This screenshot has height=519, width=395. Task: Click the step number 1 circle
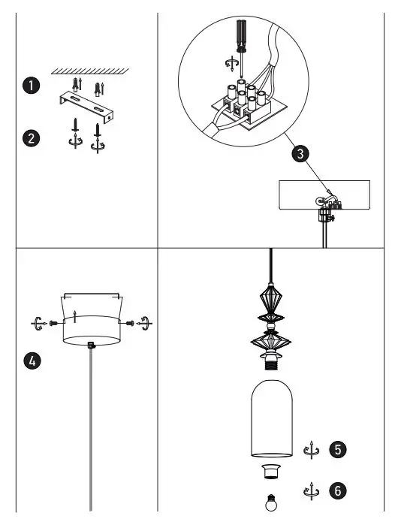click(x=31, y=86)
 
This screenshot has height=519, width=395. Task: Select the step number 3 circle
click(x=300, y=155)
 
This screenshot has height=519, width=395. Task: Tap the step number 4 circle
click(x=31, y=360)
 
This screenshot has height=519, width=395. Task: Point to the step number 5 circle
click(x=338, y=450)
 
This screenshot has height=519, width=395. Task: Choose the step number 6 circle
click(x=338, y=490)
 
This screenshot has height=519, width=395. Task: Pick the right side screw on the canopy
click(x=132, y=324)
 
